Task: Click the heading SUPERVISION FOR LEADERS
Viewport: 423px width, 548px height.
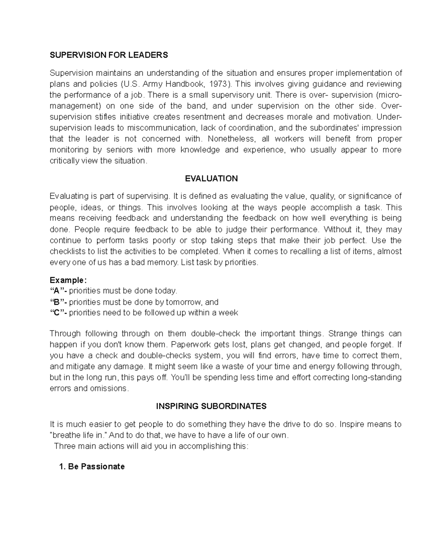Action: (x=109, y=55)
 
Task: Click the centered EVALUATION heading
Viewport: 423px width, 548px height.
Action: (x=211, y=179)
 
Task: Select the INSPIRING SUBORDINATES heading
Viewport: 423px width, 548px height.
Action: (x=211, y=406)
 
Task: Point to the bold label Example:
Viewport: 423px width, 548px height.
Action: (x=68, y=280)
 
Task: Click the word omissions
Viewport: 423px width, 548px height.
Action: (x=111, y=389)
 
